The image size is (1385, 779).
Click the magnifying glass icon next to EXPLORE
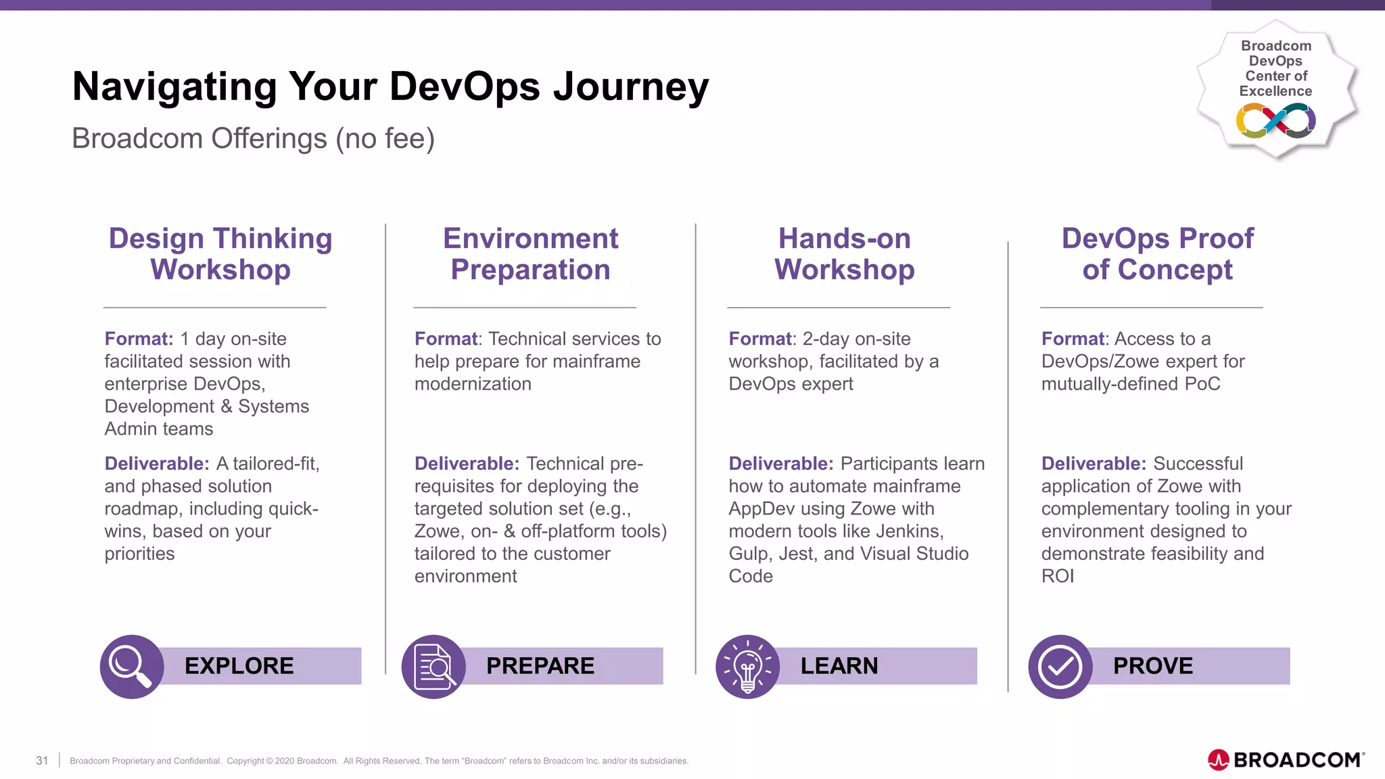pyautogui.click(x=131, y=666)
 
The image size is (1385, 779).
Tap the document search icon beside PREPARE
pyautogui.click(x=433, y=666)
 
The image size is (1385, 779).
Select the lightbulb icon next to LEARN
pyautogui.click(x=747, y=666)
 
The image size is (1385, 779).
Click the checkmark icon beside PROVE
pyautogui.click(x=1060, y=666)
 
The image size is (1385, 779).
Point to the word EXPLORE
pyautogui.click(x=239, y=666)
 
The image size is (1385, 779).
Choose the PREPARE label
pyautogui.click(x=540, y=666)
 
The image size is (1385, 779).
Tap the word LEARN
pyautogui.click(x=839, y=666)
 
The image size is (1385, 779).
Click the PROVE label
pyautogui.click(x=1152, y=666)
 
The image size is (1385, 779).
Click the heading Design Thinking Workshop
pyautogui.click(x=220, y=254)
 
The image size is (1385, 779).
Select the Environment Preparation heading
pyautogui.click(x=530, y=254)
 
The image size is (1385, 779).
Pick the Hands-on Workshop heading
pyautogui.click(x=844, y=254)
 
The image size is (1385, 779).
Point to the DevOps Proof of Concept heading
pyautogui.click(x=1157, y=254)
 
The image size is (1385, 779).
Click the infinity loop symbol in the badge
pyautogui.click(x=1275, y=121)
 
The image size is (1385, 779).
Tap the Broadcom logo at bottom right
pyautogui.click(x=1286, y=760)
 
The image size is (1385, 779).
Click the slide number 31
pyautogui.click(x=42, y=761)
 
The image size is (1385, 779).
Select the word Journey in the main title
pyautogui.click(x=630, y=87)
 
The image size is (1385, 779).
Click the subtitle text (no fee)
pyautogui.click(x=385, y=139)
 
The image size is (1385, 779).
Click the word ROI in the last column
pyautogui.click(x=1057, y=576)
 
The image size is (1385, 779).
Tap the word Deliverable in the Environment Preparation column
pyautogui.click(x=466, y=464)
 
